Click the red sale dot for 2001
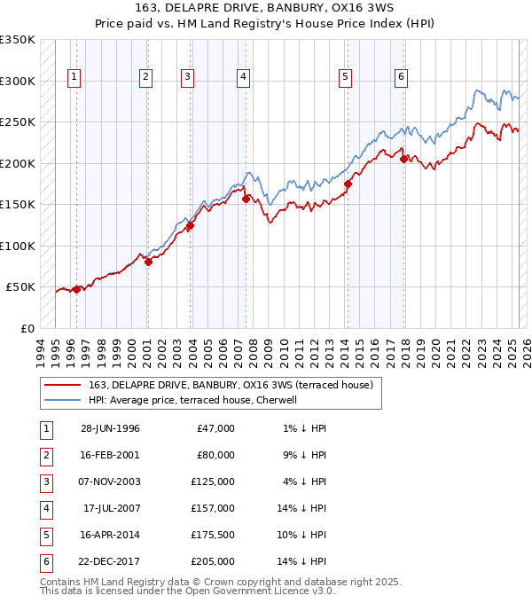coord(148,262)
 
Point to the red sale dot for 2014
coord(348,184)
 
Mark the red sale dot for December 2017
coord(404,160)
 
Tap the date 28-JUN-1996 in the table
coord(110,428)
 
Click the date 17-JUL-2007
coord(112,508)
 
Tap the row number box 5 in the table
coord(45,535)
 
